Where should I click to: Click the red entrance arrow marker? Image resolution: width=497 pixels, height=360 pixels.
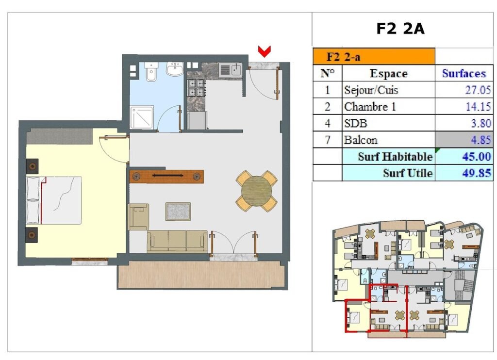pos(264,51)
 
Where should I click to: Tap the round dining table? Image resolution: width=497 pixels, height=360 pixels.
pos(256,191)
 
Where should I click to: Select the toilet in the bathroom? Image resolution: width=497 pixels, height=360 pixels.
pos(151,71)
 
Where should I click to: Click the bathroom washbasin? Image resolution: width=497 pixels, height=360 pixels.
pos(175,69)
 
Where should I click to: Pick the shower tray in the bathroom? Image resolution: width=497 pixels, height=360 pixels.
pos(142,117)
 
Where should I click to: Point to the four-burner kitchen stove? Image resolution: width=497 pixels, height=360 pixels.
pos(197,88)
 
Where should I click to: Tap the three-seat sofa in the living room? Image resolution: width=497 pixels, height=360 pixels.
pos(177,241)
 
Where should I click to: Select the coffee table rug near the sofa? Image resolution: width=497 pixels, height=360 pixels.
pos(178,212)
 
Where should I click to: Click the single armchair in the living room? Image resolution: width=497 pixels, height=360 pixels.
pos(138,217)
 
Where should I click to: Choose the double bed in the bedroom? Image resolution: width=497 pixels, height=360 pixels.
pos(54,200)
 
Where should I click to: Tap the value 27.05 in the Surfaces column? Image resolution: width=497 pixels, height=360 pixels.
pos(478,90)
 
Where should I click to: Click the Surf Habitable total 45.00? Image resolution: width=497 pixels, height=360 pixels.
pos(477,157)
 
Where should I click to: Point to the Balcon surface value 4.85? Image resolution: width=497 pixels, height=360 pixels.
pos(481,140)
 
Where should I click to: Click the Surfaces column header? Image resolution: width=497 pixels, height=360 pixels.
pos(464,74)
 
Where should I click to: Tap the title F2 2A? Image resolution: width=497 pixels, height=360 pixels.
pos(400,29)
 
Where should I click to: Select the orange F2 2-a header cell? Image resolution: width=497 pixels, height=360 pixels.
pos(374,56)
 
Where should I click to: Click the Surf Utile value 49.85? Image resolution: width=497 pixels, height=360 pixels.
pos(477,173)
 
